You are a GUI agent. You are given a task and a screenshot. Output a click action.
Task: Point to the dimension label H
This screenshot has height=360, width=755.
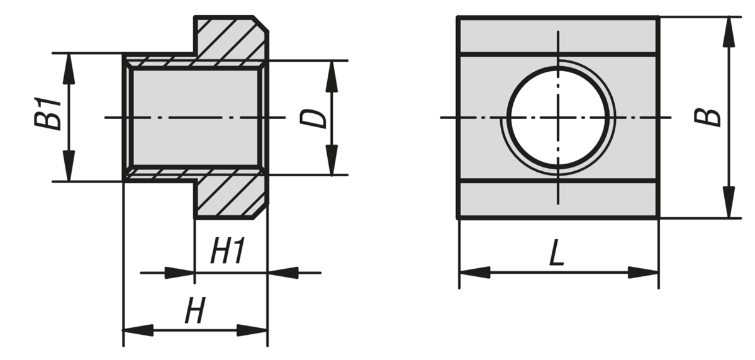tap(195, 312)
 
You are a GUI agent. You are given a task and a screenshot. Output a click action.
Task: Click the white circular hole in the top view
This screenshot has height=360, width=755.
tap(559, 117)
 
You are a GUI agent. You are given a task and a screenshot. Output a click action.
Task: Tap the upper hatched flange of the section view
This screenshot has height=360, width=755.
tap(230, 38)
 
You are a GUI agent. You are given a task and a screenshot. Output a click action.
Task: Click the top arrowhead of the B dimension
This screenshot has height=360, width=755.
tap(729, 31)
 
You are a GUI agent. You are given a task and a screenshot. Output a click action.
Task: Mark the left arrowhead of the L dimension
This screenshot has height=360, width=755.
tap(474, 273)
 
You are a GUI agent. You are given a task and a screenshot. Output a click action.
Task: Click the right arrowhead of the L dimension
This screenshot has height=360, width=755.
tap(643, 273)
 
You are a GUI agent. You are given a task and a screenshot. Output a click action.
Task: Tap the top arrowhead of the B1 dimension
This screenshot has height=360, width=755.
tap(69, 69)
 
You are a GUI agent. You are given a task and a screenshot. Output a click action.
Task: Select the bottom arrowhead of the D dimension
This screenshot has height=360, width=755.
tap(331, 160)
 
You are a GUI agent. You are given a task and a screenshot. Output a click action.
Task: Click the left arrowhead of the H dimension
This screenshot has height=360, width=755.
tap(138, 330)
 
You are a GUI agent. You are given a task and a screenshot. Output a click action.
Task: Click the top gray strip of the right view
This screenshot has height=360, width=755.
tap(557, 36)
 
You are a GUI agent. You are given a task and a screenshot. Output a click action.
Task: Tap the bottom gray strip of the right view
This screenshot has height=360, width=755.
tap(557, 200)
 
